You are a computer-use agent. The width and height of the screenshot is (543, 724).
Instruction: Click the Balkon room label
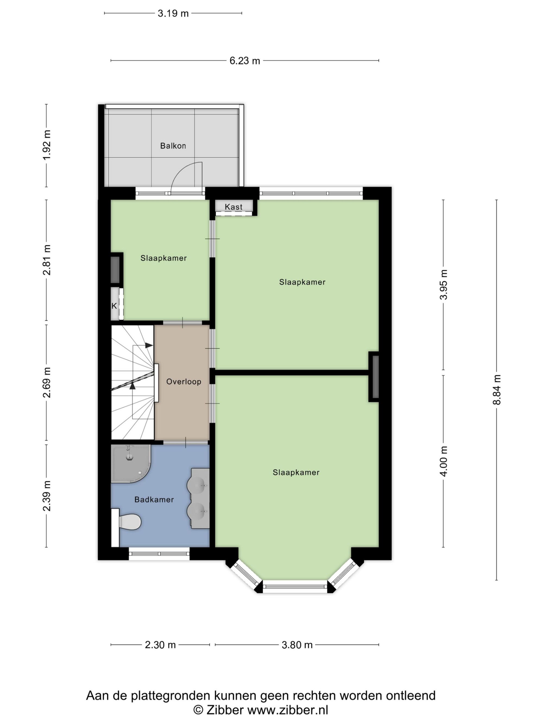pyautogui.click(x=173, y=146)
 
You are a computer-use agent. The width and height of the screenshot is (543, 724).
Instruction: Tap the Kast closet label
pyautogui.click(x=234, y=207)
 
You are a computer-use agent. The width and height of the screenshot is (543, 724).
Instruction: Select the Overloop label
pyautogui.click(x=184, y=382)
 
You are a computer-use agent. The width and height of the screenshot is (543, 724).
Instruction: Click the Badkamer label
pyautogui.click(x=154, y=499)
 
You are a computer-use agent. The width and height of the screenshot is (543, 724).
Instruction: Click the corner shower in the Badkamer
pyautogui.click(x=130, y=464)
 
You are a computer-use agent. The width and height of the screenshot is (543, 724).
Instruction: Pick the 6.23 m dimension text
pyautogui.click(x=245, y=61)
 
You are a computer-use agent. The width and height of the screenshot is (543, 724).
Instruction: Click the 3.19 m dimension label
pyautogui.click(x=173, y=13)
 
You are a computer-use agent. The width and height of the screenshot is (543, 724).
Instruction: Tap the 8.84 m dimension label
pyautogui.click(x=497, y=390)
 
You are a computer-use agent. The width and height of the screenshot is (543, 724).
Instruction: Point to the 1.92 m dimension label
pyautogui.click(x=46, y=145)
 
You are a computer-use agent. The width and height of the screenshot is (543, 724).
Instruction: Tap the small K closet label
pyautogui.click(x=114, y=306)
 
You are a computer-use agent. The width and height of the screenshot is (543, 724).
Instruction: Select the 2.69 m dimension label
pyautogui.click(x=46, y=382)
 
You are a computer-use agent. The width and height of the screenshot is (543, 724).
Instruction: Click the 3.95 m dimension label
pyautogui.click(x=444, y=284)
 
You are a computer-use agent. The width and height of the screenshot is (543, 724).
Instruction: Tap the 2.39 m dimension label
pyautogui.click(x=46, y=496)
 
